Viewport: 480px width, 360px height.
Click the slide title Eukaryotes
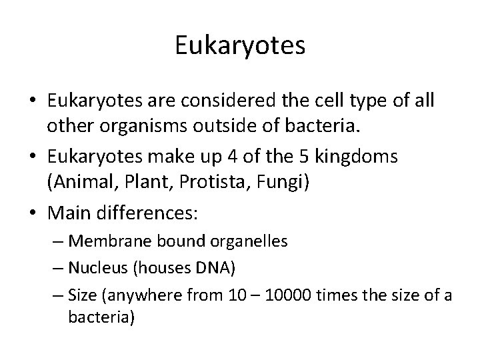point(240,46)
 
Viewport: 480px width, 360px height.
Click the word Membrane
point(106,241)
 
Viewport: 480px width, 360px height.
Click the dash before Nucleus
point(57,269)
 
